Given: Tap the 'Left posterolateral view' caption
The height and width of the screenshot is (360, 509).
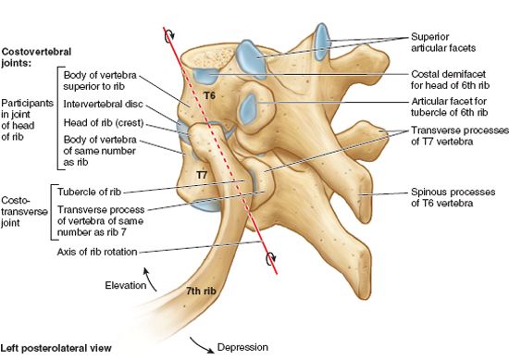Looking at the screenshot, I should (56, 349).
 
